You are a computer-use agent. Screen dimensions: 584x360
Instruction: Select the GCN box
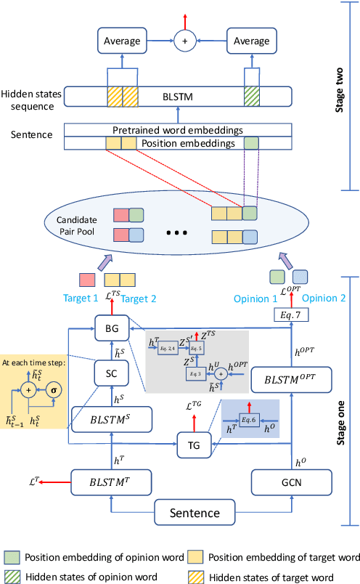click(x=290, y=480)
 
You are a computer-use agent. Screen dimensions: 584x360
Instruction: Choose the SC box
click(x=112, y=374)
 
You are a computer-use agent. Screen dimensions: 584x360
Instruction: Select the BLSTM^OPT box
click(x=290, y=378)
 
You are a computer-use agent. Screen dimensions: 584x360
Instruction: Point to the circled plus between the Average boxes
click(x=185, y=41)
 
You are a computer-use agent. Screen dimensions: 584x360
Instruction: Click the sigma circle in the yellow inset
click(x=54, y=390)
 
